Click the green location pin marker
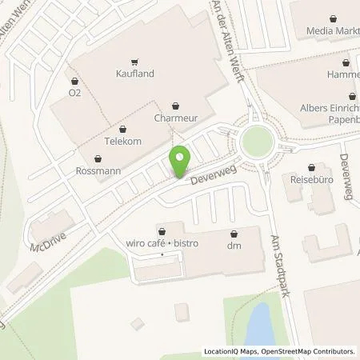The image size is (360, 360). [180, 161]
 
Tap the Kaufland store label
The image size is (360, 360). [134, 74]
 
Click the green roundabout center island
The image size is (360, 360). [257, 142]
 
